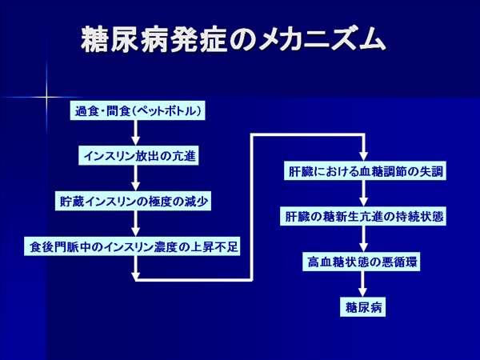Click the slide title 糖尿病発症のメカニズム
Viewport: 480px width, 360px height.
[234, 39]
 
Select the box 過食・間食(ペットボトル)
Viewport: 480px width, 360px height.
[138, 110]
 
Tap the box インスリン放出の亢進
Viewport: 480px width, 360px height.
[138, 156]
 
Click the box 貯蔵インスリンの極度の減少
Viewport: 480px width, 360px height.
[133, 201]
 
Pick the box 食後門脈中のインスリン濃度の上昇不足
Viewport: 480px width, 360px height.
[132, 246]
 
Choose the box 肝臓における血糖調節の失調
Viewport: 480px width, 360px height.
[365, 171]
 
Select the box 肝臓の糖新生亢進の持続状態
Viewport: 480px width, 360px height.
[363, 217]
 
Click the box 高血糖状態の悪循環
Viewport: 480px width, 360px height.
[362, 262]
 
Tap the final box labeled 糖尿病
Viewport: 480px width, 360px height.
[362, 307]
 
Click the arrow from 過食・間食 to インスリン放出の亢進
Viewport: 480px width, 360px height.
[135, 133]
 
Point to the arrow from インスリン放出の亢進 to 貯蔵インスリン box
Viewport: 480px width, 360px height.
[135, 178]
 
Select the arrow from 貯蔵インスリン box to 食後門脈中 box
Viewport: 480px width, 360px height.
[135, 223]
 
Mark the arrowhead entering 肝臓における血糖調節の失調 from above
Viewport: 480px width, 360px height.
[363, 157]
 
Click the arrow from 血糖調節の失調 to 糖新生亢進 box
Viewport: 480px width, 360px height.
[363, 194]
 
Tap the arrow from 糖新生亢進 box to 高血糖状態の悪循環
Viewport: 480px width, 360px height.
[363, 238]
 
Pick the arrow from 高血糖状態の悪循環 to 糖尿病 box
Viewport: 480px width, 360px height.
[362, 284]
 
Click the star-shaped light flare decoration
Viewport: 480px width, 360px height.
[46, 98]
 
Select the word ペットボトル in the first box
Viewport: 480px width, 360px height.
[167, 110]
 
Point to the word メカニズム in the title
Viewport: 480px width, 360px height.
[322, 39]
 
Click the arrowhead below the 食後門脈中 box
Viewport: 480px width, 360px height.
[135, 277]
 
